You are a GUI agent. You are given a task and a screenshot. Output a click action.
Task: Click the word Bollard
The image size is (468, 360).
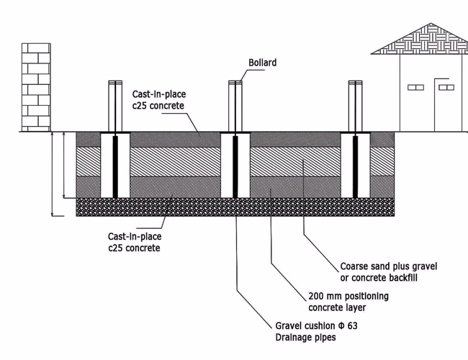(263, 63)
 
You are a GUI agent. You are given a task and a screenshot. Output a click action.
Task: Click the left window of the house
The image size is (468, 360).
(416, 87)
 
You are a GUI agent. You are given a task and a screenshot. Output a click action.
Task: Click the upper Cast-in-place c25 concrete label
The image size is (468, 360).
(158, 100)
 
